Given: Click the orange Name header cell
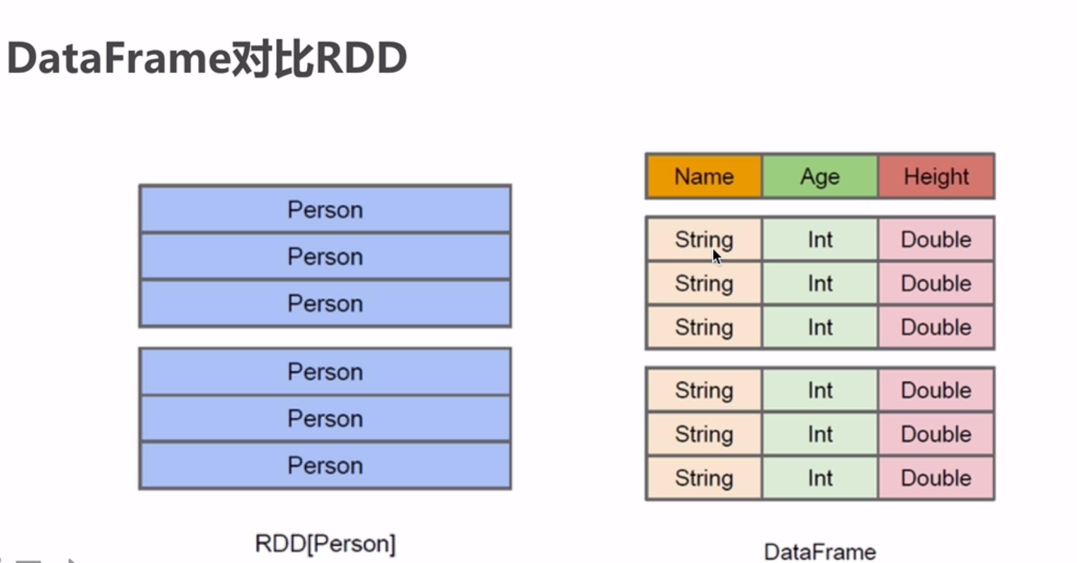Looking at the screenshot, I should [x=704, y=177].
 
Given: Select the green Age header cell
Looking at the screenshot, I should [x=820, y=177].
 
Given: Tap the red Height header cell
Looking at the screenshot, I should [x=936, y=177].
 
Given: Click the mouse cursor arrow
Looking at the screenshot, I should [x=716, y=256].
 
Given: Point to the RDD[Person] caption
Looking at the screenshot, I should [x=325, y=544].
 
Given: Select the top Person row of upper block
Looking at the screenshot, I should [x=325, y=210].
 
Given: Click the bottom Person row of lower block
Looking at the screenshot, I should [x=325, y=466].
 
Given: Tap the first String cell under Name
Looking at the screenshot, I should [x=704, y=239].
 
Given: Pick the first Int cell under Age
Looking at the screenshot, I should [x=820, y=239].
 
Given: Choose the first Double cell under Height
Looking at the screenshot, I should [x=936, y=239].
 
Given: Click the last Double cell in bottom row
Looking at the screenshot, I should [x=936, y=478].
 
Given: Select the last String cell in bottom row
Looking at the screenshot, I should [x=704, y=478].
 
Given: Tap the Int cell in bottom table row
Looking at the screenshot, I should [x=820, y=478].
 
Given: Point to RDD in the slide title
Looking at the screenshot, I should [x=361, y=58].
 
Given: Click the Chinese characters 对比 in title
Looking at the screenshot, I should [x=273, y=58].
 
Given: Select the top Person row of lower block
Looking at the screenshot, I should [x=325, y=372].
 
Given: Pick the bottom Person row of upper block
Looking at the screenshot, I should [x=325, y=303].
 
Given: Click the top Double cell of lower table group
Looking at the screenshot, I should [x=936, y=390].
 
